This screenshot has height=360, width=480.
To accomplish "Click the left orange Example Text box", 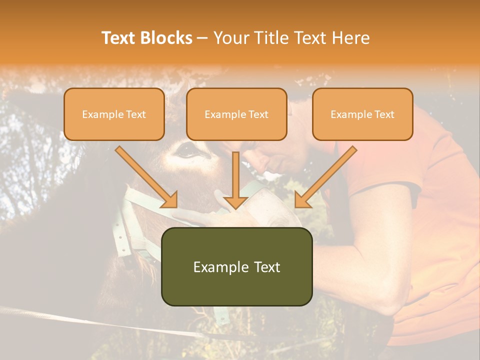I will [114, 114].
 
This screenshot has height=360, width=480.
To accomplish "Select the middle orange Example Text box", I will [236, 114].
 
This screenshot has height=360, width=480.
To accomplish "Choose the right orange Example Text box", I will [362, 114].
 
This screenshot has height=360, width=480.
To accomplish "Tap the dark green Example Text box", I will [236, 267].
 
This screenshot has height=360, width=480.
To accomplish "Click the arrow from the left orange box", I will [147, 177].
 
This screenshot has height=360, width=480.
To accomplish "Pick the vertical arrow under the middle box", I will [235, 180].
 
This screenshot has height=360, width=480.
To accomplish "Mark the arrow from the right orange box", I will [325, 177].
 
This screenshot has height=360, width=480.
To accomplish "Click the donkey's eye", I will [186, 148].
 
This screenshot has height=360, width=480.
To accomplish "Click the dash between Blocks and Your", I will [202, 38].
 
